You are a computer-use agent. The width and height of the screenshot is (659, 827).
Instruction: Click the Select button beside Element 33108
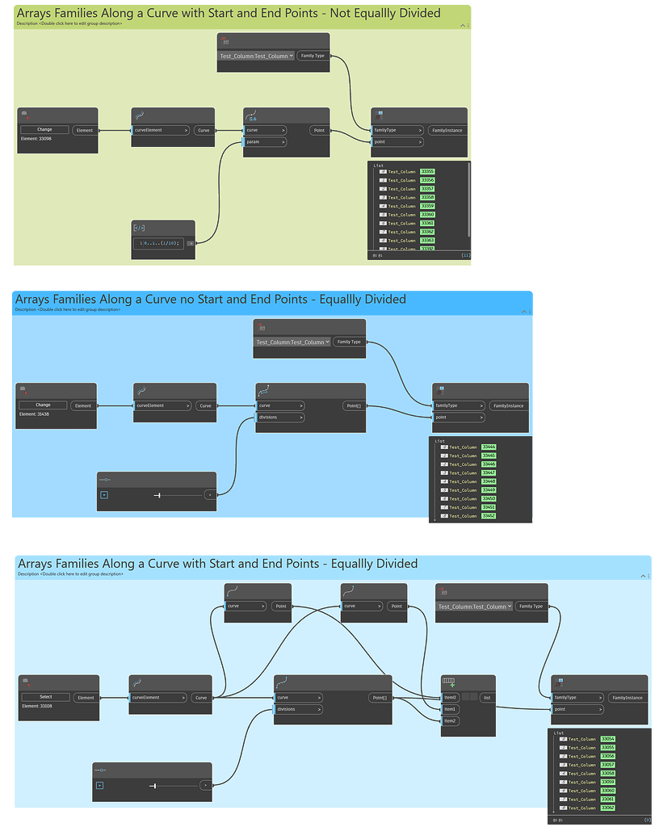45,697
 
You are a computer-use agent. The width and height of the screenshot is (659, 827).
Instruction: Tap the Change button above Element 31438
43,405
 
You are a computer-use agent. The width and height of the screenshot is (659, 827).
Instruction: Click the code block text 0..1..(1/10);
159,242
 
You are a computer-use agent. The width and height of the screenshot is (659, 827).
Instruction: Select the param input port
266,142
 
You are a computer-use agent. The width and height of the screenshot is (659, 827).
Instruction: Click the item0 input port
451,697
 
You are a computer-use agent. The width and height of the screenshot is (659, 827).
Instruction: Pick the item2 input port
451,720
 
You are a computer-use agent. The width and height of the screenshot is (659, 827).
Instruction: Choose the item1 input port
451,709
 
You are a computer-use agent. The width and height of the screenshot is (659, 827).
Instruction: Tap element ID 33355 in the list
427,171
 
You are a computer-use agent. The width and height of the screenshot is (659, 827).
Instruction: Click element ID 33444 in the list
489,447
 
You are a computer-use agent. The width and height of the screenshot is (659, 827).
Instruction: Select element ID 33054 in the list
608,739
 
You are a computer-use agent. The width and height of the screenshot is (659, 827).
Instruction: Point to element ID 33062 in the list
608,808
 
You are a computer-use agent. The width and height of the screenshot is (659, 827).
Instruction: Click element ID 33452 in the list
489,515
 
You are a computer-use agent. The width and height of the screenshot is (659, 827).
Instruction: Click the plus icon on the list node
452,686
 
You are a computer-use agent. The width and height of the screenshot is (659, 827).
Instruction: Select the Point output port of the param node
318,130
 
